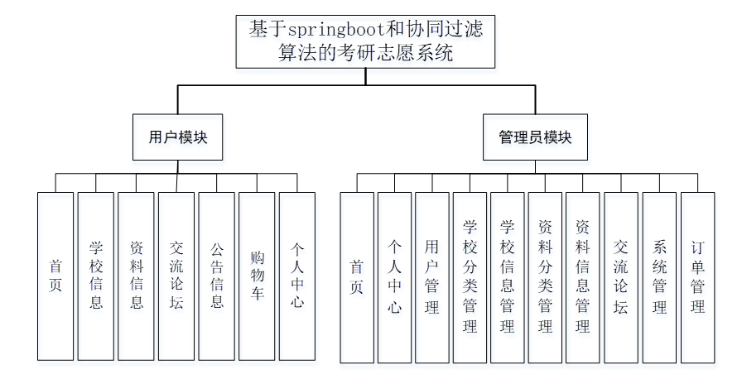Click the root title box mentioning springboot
[365, 41]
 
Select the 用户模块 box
[178, 137]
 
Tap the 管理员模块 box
[535, 137]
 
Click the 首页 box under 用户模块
[55, 276]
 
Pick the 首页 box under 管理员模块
[357, 277]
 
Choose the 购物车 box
[257, 276]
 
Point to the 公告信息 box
[216, 276]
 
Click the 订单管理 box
[697, 277]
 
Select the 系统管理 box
[659, 277]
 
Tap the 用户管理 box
[431, 277]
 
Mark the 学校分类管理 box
[470, 277]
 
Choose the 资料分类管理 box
[545, 277]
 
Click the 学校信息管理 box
[507, 277]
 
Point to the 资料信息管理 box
[582, 277]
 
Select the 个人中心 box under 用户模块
[296, 276]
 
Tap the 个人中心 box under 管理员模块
[394, 277]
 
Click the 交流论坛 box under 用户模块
[176, 276]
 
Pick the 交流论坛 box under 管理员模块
[621, 277]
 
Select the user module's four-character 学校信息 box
[96, 276]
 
